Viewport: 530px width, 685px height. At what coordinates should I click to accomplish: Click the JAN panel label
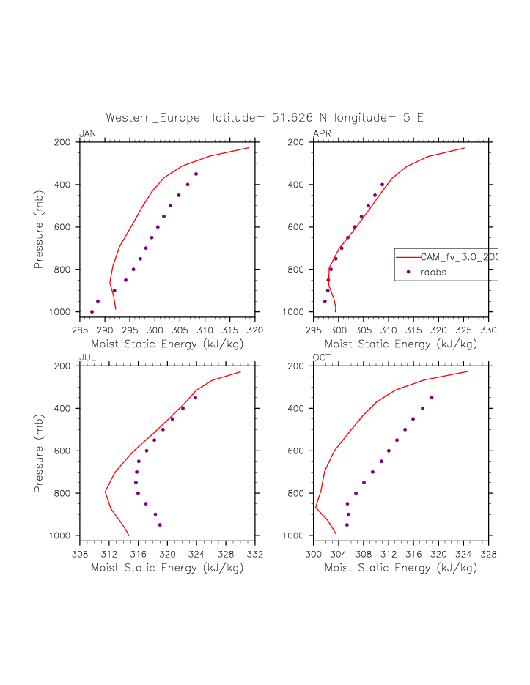tap(87, 133)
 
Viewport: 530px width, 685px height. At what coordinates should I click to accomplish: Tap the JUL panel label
tap(87, 358)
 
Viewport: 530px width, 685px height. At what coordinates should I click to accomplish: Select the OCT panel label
tap(321, 358)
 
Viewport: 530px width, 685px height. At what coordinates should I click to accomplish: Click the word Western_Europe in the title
tap(152, 117)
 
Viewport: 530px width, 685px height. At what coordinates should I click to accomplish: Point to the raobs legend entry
tap(433, 272)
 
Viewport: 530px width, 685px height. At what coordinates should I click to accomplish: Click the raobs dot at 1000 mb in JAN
tap(92, 312)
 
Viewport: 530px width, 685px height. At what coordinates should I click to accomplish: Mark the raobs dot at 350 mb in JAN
tap(196, 174)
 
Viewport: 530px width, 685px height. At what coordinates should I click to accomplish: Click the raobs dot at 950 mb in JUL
tap(160, 525)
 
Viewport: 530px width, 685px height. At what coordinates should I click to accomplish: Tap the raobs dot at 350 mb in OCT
tap(432, 398)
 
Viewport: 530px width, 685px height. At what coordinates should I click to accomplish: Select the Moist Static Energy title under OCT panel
tap(401, 568)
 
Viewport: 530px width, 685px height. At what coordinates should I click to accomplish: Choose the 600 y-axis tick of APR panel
tap(301, 227)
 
